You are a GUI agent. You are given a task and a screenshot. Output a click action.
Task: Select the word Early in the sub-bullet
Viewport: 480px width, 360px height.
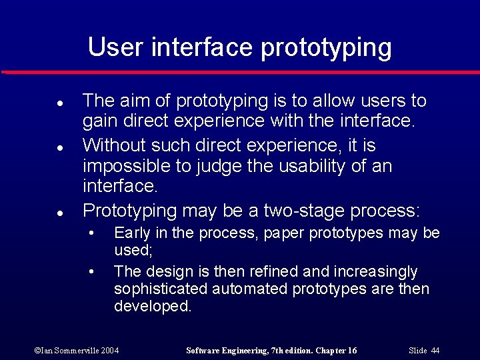(131, 233)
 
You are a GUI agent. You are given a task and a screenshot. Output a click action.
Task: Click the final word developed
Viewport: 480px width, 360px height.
(152, 307)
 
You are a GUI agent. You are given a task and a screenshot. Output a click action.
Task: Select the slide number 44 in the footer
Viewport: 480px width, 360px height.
(435, 351)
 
